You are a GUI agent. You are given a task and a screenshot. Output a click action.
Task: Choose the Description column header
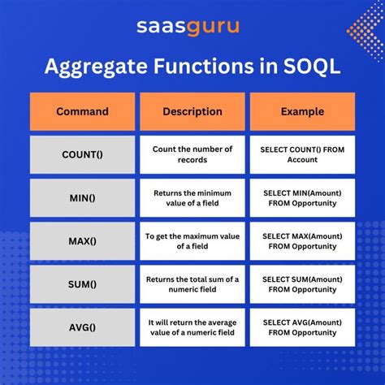point(192,111)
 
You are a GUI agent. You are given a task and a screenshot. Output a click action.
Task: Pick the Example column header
point(301,111)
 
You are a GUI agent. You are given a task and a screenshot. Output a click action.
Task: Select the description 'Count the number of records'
point(192,154)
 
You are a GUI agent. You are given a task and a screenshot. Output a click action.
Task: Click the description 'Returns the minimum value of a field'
point(192,197)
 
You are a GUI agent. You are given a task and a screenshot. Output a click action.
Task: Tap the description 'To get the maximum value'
point(192,240)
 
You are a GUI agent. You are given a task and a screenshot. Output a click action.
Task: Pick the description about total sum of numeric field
point(192,283)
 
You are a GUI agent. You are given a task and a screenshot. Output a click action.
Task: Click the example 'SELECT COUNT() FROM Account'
point(301,154)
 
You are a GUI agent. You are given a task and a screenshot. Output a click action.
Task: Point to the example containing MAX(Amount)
point(301,240)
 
